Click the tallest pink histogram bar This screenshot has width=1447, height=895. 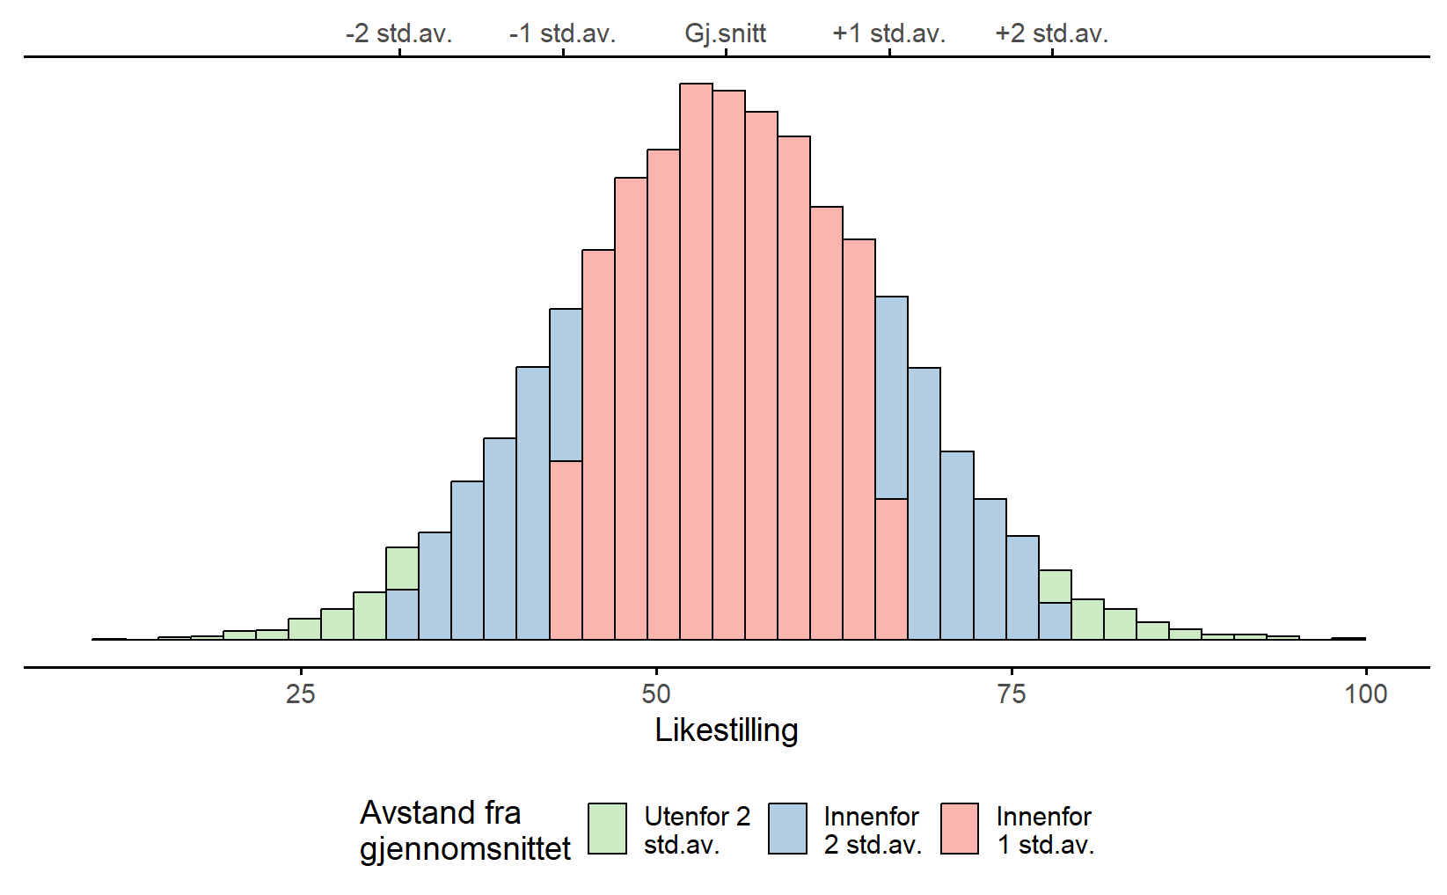(x=696, y=361)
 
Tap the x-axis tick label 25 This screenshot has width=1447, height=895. (x=301, y=694)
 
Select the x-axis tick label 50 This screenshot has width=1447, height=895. (x=656, y=694)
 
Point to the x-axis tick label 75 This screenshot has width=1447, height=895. (x=1012, y=694)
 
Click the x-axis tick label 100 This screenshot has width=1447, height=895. (x=1366, y=694)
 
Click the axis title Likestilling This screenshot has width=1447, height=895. (x=727, y=730)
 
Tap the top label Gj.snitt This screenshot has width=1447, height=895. (x=726, y=33)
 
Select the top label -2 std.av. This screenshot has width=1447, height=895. (x=399, y=33)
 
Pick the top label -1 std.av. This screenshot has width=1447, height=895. (x=563, y=33)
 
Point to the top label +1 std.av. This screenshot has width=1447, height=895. (x=889, y=33)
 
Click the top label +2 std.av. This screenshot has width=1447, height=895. (x=1052, y=33)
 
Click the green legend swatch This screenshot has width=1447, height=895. (x=607, y=829)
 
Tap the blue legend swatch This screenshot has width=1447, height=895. (x=787, y=829)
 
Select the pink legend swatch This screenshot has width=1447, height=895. (x=960, y=829)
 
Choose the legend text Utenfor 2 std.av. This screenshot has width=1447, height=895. (x=697, y=830)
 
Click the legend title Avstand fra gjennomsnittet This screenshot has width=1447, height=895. (x=464, y=830)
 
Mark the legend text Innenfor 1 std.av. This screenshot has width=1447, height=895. (x=1045, y=830)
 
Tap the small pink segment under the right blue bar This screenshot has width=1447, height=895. (x=891, y=569)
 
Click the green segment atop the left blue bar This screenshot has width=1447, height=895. (x=402, y=568)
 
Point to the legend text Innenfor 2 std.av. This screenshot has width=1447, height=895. (x=873, y=830)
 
